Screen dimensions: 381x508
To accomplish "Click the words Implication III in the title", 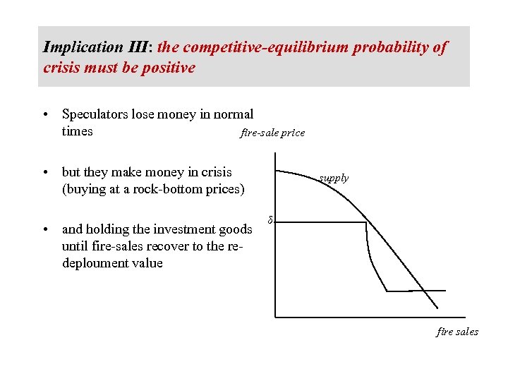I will coord(83,47).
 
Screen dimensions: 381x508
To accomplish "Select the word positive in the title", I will coord(169,68).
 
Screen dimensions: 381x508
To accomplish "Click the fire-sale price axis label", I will coord(272,133).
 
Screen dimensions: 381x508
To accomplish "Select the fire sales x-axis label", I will coord(457,332).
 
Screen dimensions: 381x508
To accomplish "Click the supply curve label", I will coord(334,178).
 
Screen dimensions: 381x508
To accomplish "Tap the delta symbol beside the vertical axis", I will coord(269,220).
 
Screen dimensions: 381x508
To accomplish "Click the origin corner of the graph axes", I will coord(274,317).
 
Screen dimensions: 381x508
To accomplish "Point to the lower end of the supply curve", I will coord(437,308).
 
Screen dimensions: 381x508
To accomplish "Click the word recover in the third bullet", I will coord(149,246).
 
